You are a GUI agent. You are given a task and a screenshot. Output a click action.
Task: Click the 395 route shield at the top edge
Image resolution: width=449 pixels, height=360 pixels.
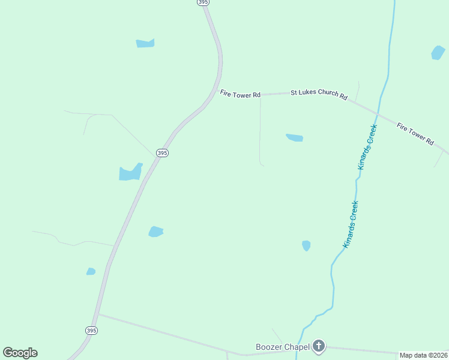(x=203, y=2)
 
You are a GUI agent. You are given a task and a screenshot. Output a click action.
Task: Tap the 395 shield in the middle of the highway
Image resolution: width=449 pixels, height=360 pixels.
(x=162, y=153)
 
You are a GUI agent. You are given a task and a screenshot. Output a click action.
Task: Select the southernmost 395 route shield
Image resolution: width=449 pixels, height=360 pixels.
(x=91, y=331)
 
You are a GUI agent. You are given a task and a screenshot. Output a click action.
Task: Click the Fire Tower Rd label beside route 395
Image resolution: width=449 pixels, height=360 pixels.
(x=240, y=94)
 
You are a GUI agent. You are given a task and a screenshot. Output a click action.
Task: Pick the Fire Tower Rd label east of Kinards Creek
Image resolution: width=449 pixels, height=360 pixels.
(x=415, y=134)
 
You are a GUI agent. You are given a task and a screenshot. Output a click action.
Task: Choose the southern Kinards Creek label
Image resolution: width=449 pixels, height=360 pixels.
(x=351, y=224)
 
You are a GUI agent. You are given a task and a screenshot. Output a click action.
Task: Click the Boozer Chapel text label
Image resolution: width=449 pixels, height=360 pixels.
(x=282, y=347)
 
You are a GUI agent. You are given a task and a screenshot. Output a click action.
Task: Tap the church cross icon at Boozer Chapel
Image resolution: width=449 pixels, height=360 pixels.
(x=319, y=346)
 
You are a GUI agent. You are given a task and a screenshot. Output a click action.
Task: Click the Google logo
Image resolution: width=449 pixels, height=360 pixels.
(x=20, y=353)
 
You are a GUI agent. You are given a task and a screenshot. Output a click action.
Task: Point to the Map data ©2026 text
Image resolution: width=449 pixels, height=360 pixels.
(x=423, y=355)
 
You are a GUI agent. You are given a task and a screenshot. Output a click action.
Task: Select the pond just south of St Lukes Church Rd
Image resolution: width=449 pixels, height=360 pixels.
(x=295, y=138)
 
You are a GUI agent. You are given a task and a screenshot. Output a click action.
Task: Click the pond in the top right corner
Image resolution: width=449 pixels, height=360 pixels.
(x=438, y=53)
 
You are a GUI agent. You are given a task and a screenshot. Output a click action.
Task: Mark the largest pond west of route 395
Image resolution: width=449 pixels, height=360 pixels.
(x=130, y=173)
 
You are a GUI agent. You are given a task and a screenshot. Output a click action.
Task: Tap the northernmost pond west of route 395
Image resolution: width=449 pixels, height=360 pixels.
(x=145, y=43)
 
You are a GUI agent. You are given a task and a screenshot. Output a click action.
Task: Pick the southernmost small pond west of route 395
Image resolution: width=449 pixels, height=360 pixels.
(x=91, y=272)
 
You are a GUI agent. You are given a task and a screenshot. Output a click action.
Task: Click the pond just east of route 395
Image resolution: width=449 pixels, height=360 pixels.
(x=155, y=232)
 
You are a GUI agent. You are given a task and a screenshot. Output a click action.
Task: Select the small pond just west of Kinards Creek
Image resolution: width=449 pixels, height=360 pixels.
(x=306, y=245)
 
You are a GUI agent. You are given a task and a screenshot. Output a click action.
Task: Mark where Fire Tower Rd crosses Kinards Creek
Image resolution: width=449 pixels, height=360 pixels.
(x=378, y=114)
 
